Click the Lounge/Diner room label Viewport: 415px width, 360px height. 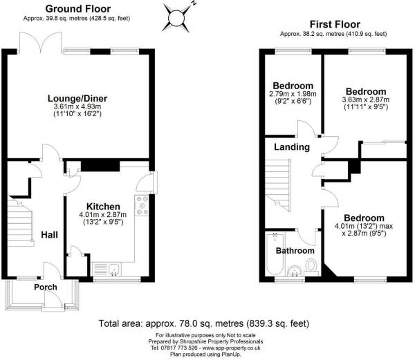pos(79,98)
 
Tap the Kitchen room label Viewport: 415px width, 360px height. pos(104,207)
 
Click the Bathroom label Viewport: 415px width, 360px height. pos(296,250)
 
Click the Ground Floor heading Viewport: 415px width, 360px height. pos(75,8)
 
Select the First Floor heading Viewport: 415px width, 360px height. pos(333,23)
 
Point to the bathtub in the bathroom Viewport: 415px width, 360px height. pos(270,256)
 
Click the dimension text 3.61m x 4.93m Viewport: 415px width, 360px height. pos(79,108)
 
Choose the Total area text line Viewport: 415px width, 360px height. pos(204,323)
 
